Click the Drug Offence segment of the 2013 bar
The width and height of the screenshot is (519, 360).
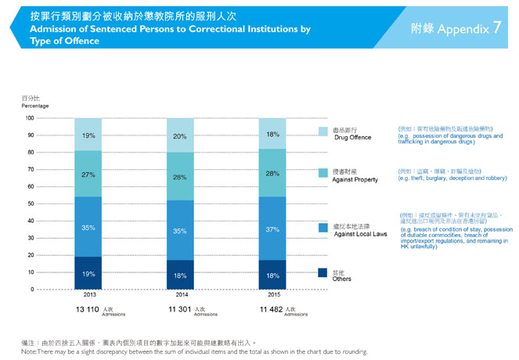tap(88, 135)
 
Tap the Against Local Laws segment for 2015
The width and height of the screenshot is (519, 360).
tap(272, 229)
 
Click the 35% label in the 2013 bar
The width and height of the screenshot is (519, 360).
tap(88, 228)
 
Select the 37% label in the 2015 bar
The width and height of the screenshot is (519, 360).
tap(272, 229)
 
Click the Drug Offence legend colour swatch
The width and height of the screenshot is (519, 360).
tap(323, 131)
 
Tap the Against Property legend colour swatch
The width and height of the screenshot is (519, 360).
tap(323, 173)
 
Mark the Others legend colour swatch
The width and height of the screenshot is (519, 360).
tap(323, 273)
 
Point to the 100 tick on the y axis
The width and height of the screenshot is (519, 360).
tap(29, 118)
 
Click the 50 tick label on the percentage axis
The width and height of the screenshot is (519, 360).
tap(31, 204)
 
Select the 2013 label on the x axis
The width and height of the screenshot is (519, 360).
tap(88, 297)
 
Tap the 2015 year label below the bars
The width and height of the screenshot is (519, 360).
tap(272, 297)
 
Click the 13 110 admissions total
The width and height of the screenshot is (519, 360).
tap(87, 311)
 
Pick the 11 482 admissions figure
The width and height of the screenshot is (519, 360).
tap(270, 311)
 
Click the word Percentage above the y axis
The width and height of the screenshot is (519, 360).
tap(34, 105)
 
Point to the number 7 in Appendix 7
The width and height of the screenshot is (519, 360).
tap(497, 28)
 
